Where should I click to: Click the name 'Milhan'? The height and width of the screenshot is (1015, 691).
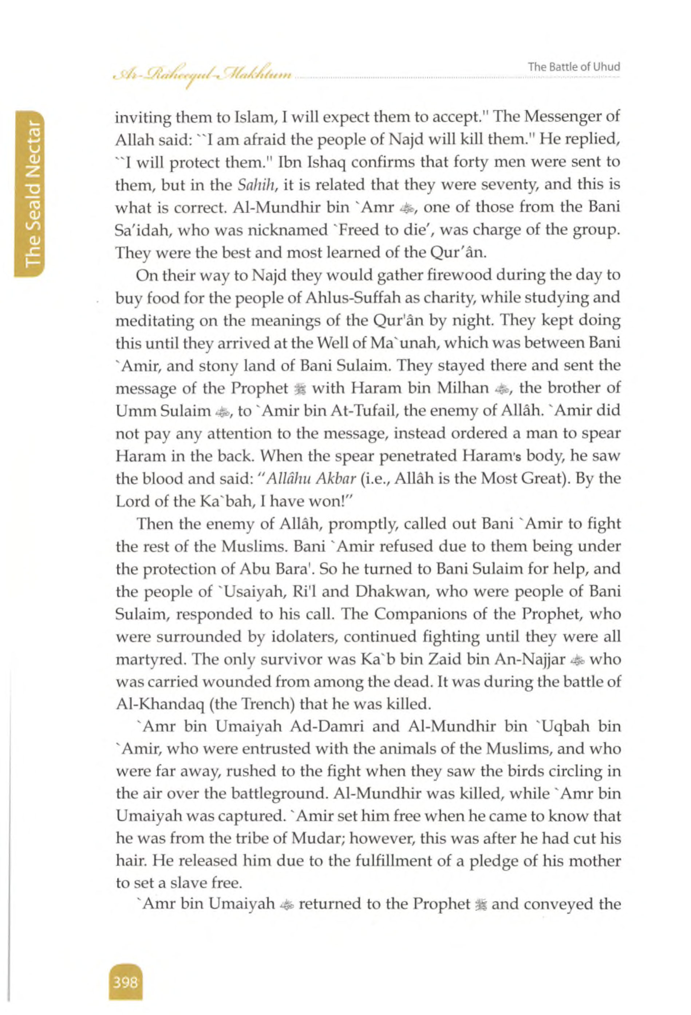click(463, 388)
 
